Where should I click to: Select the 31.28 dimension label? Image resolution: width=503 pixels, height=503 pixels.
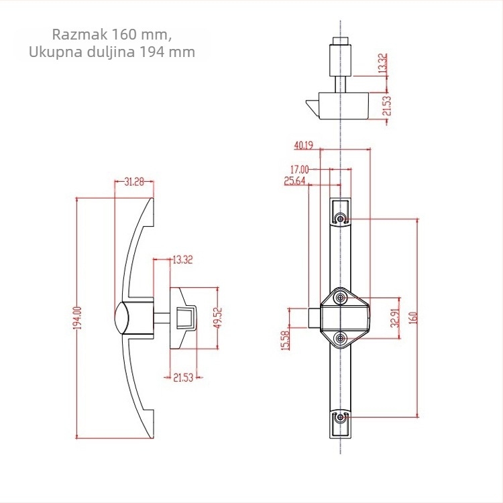(x=134, y=182)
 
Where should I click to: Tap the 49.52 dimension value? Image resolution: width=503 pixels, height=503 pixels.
(x=218, y=318)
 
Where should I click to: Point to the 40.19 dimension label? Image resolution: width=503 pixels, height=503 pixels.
(x=303, y=146)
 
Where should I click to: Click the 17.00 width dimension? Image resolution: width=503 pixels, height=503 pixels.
(x=299, y=169)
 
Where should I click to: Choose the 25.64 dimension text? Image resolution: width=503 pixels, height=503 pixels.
(x=294, y=181)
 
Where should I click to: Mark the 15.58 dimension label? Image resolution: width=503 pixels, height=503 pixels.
(x=285, y=340)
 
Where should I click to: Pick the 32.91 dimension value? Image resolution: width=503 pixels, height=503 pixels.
(x=396, y=318)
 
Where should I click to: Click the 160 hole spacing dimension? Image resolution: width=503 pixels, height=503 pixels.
(x=413, y=318)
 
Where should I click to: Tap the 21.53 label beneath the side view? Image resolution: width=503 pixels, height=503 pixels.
(x=183, y=378)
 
